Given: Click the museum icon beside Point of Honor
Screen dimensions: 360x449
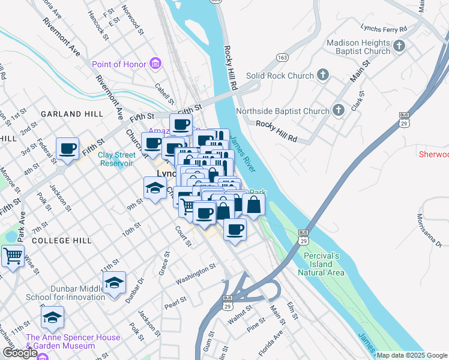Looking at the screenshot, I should point(155,64).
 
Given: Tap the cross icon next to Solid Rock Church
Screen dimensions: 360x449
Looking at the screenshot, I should point(323,76).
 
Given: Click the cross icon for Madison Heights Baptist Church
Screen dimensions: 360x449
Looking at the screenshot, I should point(399,46).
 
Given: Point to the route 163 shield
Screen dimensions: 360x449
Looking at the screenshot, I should point(282,57).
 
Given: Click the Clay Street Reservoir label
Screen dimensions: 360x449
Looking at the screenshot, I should point(116,158).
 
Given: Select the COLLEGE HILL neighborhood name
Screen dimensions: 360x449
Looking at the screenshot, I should point(62,240).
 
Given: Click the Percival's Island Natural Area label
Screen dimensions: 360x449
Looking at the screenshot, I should point(321,264).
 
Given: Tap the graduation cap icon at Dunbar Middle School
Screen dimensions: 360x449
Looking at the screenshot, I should point(114,282).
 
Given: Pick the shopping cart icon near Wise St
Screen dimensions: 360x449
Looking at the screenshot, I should point(12,256).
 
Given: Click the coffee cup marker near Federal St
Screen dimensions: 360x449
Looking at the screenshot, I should point(67,148).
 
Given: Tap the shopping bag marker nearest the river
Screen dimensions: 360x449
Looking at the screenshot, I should point(254,205).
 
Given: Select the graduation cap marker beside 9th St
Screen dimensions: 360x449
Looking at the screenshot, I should point(155,187).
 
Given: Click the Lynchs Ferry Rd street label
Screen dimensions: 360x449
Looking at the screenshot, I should point(384,28).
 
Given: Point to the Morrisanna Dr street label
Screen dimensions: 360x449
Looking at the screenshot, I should point(430,230).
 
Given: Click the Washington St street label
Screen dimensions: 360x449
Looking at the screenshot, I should point(196,273).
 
